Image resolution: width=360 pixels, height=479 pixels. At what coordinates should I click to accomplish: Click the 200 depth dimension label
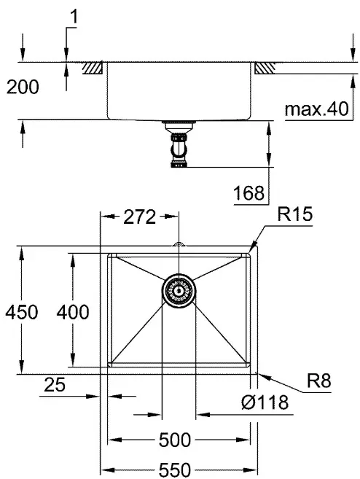point(23,87)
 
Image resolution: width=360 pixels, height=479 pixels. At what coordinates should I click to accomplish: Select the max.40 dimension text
point(316,109)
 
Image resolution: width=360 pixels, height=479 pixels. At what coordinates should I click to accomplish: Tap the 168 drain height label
point(249,193)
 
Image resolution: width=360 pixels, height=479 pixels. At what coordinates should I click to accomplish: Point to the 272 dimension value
point(139,217)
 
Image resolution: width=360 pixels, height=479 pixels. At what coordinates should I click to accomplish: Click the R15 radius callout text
point(295,214)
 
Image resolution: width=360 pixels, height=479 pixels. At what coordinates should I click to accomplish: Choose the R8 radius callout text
point(318,381)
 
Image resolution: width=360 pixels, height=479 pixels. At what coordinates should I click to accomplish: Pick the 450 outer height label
point(22,312)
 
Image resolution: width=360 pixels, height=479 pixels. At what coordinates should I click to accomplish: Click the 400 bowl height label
point(73,312)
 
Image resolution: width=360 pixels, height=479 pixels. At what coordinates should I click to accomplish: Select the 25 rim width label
point(55,384)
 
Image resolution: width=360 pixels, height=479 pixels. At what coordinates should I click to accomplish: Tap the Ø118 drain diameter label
point(265,402)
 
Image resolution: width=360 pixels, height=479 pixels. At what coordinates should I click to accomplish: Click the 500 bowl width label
point(175,440)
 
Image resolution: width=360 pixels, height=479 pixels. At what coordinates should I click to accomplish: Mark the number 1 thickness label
point(74,16)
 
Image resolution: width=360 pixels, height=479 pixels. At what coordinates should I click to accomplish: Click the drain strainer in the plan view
point(179,290)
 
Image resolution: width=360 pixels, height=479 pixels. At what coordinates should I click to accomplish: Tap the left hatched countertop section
point(93,68)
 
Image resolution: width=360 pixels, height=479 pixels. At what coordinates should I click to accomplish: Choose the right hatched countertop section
point(265,68)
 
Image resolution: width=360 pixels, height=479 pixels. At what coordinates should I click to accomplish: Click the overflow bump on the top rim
point(179,244)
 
